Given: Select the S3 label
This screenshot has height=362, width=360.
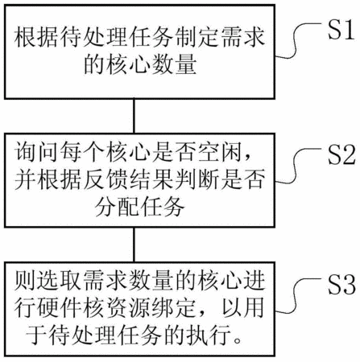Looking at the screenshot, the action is click(341, 285).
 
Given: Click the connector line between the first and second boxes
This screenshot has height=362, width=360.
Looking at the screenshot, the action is click(134, 116).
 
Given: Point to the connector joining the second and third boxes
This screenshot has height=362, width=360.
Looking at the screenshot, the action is click(134, 245).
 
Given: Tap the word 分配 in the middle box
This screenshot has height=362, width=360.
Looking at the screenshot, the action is click(116, 207).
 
